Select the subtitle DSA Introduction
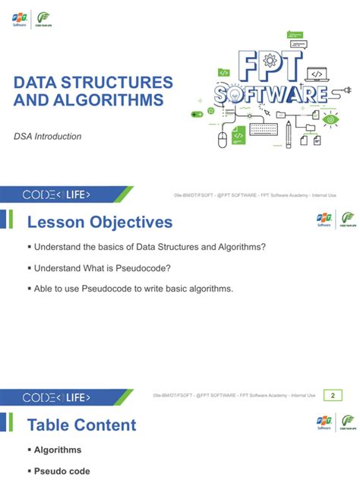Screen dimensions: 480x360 point(48,137)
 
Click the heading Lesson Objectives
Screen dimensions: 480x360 point(99,222)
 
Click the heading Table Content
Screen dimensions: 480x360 point(81,425)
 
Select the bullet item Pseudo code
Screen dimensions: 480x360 point(62,471)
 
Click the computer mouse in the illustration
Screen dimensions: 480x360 point(223,139)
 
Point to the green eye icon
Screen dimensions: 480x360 point(330,119)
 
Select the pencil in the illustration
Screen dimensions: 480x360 point(289,134)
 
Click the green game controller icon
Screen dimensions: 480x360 point(196,112)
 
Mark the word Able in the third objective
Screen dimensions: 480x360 point(45,289)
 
